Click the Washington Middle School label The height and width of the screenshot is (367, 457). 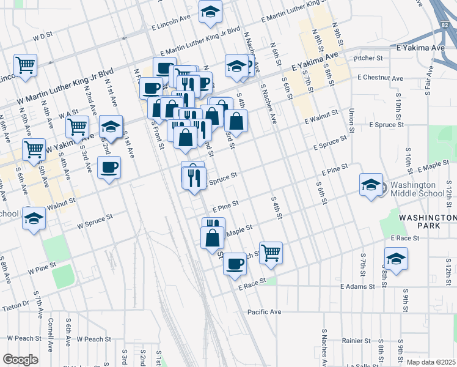[417, 189]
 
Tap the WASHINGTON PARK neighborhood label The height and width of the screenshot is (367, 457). [428, 221]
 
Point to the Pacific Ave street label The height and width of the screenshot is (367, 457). [264, 312]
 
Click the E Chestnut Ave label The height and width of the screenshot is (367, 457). [381, 78]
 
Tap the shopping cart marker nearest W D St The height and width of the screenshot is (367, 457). [25, 65]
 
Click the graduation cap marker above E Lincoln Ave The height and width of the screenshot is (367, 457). [210, 12]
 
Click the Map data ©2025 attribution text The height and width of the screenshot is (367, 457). [431, 362]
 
